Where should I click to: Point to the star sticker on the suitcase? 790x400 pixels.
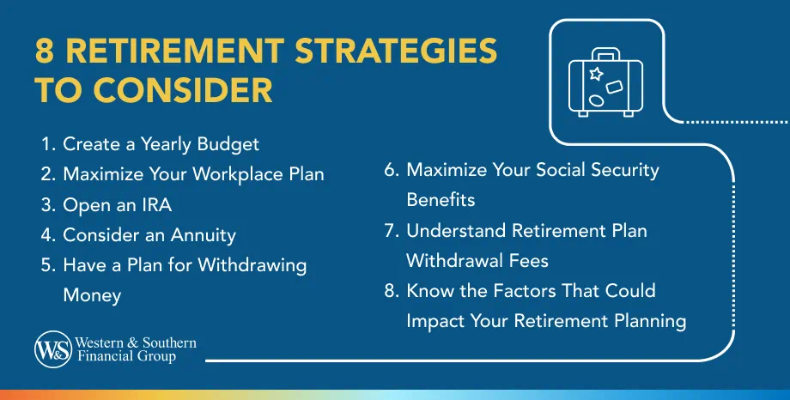click(x=594, y=75)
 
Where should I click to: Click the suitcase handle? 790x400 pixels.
click(x=605, y=52)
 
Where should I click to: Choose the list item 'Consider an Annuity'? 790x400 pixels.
click(x=149, y=234)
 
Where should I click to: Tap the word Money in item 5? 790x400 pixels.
click(x=92, y=295)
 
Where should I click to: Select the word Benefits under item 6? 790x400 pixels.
click(x=441, y=199)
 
